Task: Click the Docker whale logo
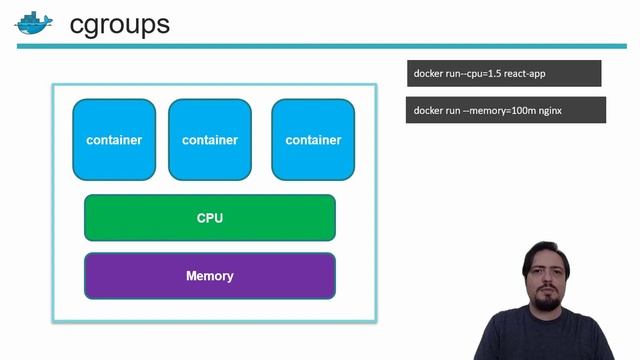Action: click(32, 23)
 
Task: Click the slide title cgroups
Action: click(119, 24)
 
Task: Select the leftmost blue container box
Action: click(114, 139)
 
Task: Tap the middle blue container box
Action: click(210, 139)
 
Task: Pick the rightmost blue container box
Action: click(313, 139)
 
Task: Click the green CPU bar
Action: click(210, 218)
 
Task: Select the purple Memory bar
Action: click(210, 276)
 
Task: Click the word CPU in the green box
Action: click(210, 218)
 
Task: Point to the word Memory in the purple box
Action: click(210, 276)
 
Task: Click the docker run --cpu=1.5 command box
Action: click(504, 74)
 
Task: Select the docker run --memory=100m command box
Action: click(506, 110)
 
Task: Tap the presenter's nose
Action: click(547, 284)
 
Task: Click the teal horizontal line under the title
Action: click(320, 46)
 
